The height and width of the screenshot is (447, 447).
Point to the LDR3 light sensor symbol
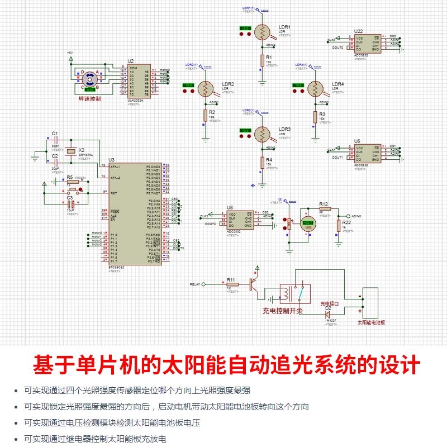coord(261,135)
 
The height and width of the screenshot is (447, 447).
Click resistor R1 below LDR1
coord(261,60)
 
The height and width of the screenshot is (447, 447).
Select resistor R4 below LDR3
coord(261,162)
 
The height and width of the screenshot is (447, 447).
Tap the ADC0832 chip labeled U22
coord(365,44)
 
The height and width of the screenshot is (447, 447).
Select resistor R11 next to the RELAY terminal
coord(231,284)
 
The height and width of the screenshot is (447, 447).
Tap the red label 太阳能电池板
coord(371,322)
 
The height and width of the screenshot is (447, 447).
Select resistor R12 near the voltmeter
coord(324,208)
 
